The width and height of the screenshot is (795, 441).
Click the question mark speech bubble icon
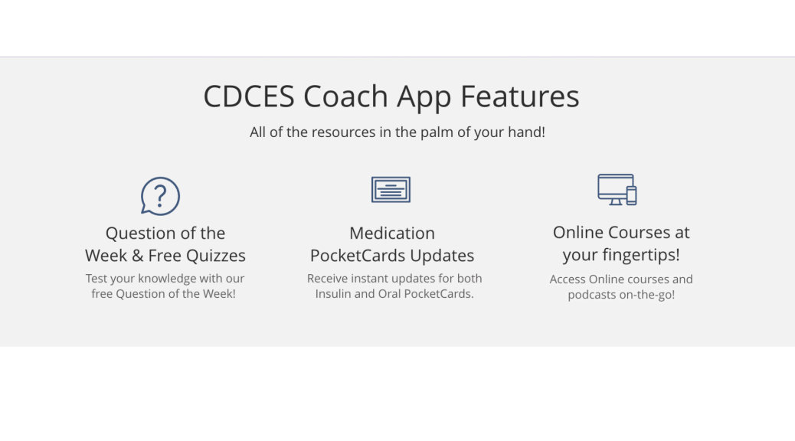(160, 196)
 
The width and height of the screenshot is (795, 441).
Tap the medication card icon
(391, 190)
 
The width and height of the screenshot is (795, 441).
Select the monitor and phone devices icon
(617, 190)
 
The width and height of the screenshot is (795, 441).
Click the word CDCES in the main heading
(249, 96)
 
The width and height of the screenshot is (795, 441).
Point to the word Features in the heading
(520, 96)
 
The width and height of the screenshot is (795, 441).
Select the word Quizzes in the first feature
(216, 256)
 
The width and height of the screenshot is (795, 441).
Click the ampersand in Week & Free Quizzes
(137, 256)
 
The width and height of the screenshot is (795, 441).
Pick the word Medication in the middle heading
(392, 234)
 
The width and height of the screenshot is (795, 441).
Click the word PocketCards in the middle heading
(358, 256)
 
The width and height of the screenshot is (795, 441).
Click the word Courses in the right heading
(639, 232)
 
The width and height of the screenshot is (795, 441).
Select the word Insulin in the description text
(333, 294)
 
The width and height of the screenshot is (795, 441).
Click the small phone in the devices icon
(631, 196)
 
